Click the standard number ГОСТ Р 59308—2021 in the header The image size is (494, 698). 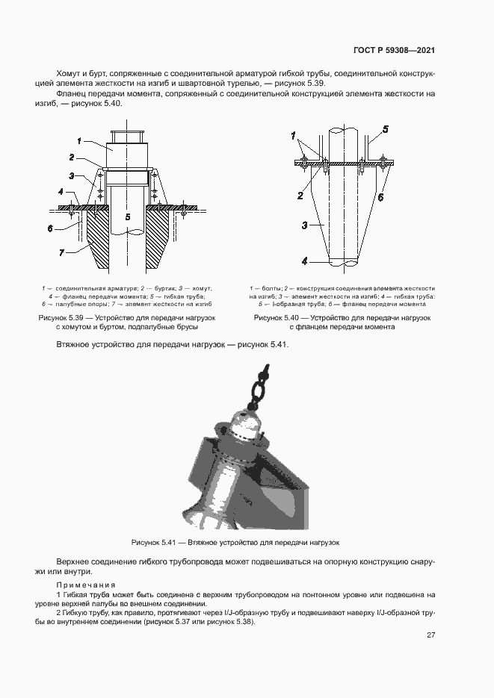coord(394,51)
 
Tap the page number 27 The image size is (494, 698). coord(430,635)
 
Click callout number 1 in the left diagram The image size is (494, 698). coord(79,140)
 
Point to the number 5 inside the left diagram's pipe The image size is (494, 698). coord(128,216)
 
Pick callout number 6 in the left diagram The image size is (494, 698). coord(50,228)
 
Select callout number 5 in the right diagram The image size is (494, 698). coord(386,129)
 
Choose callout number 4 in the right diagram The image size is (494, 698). coord(305,261)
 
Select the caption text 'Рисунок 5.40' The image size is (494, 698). coord(277,318)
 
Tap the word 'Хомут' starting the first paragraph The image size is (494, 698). coord(69,74)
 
